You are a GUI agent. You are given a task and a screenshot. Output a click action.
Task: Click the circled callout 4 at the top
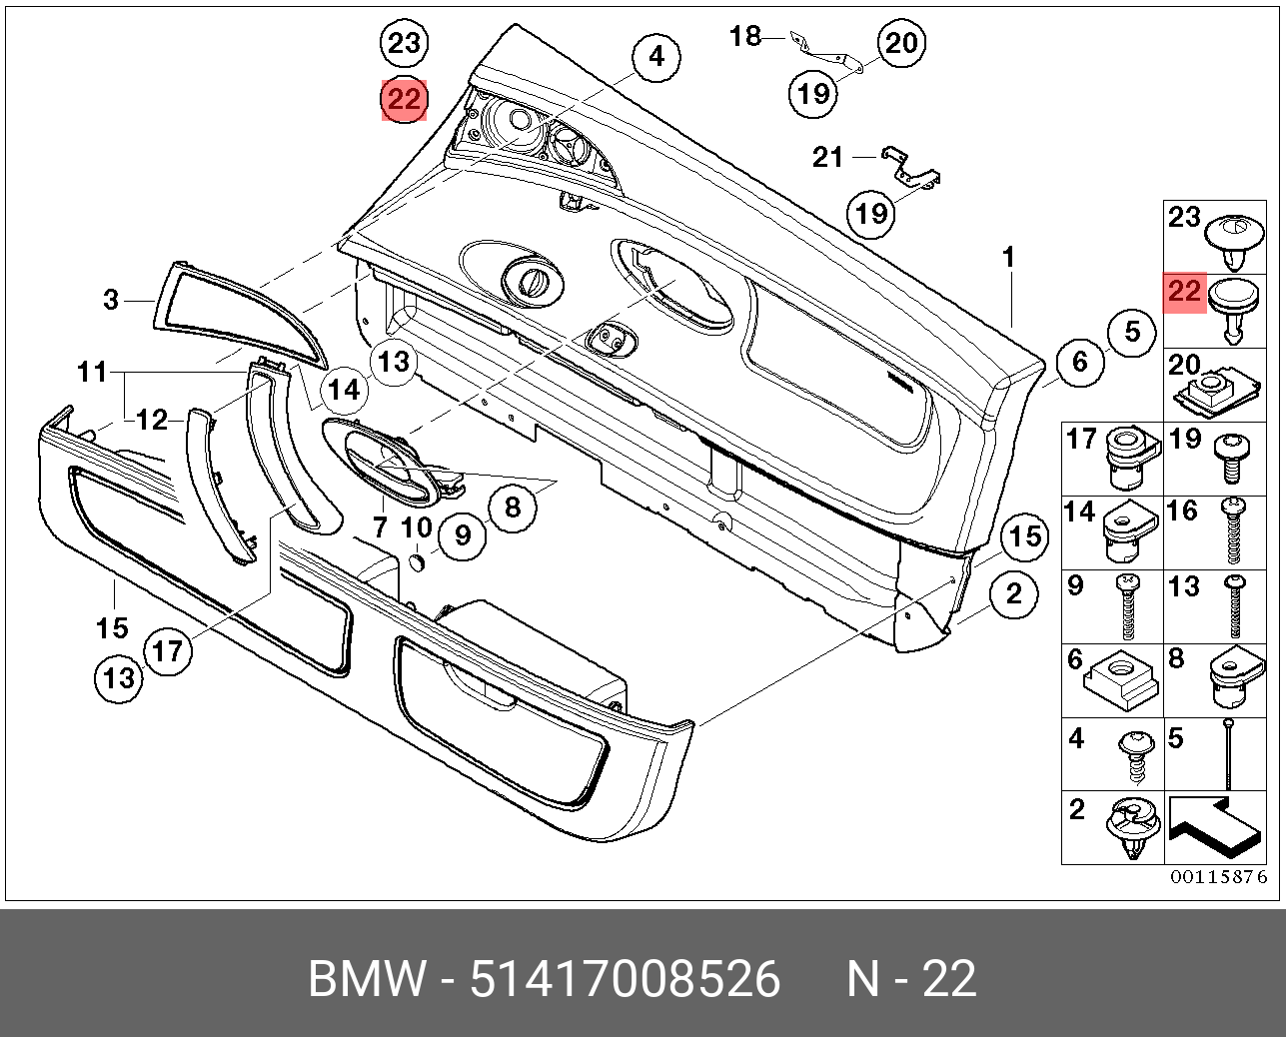655,56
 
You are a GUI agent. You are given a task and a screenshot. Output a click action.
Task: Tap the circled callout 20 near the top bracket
901,43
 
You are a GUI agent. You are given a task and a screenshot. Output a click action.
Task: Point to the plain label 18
745,37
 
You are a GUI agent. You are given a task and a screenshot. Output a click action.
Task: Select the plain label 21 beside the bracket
828,157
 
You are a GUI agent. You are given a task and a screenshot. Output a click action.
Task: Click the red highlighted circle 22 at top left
404,100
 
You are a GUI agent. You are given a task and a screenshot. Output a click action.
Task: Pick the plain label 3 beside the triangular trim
111,299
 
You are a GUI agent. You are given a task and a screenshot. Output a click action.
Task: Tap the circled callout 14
344,389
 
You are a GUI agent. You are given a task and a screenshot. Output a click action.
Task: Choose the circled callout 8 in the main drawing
512,508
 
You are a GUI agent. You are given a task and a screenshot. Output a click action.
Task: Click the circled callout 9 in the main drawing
462,536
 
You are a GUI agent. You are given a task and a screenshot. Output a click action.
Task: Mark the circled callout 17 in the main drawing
168,651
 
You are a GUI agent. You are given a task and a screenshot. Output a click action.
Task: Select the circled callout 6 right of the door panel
1079,361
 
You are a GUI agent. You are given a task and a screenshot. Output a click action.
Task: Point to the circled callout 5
1131,331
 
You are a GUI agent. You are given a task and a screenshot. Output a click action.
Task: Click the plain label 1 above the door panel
1009,258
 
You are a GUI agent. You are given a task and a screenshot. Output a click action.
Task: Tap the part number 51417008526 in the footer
625,979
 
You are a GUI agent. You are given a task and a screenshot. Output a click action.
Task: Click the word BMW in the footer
366,979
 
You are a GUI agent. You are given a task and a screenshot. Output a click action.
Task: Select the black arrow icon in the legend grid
1214,825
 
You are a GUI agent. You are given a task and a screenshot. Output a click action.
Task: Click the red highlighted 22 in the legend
1184,293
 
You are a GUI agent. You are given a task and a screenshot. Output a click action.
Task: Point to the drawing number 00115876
1219,877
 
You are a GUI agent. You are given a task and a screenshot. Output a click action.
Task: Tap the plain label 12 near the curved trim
152,421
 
